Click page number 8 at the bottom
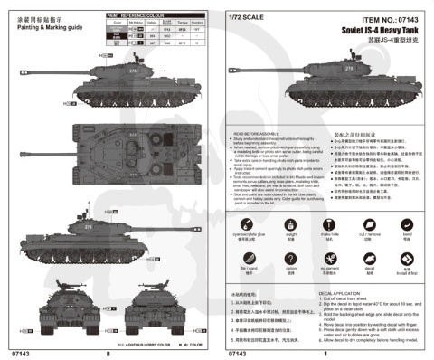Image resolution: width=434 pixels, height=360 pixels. (x=108, y=354)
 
